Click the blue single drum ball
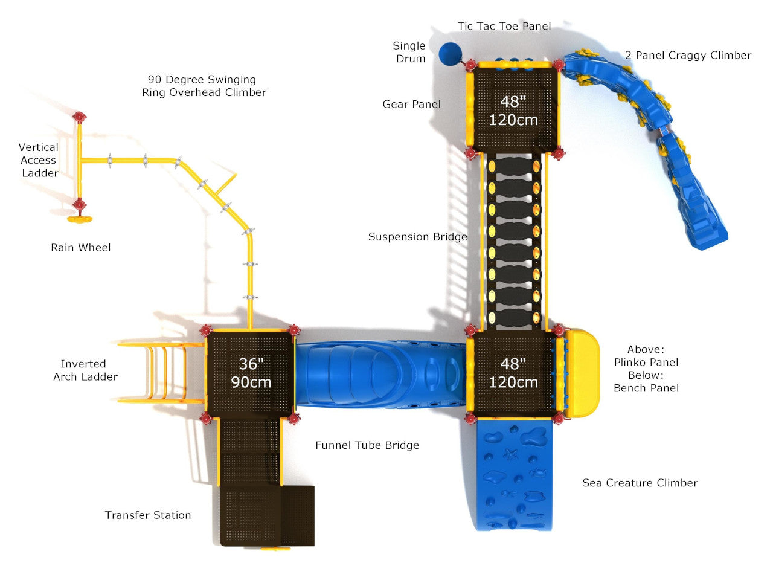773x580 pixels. coord(449,54)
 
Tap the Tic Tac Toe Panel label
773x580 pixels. coord(504,26)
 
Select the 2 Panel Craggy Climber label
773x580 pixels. coord(688,56)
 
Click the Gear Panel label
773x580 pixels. coord(411,105)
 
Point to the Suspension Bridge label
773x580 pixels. coord(417,237)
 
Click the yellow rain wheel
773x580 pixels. coord(80,219)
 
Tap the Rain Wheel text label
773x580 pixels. coord(81,248)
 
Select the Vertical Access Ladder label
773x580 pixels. coord(39,160)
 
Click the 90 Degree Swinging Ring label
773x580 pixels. coord(204,86)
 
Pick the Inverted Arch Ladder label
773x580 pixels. coord(85,370)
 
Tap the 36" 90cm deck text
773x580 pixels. coord(251,373)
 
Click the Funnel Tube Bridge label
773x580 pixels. coord(367,446)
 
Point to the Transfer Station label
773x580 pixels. coord(148,515)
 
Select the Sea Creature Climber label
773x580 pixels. coord(640,483)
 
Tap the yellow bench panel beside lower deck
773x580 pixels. coord(583,373)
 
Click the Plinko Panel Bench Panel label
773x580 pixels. coord(646,369)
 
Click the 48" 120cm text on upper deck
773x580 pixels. coord(513,111)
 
